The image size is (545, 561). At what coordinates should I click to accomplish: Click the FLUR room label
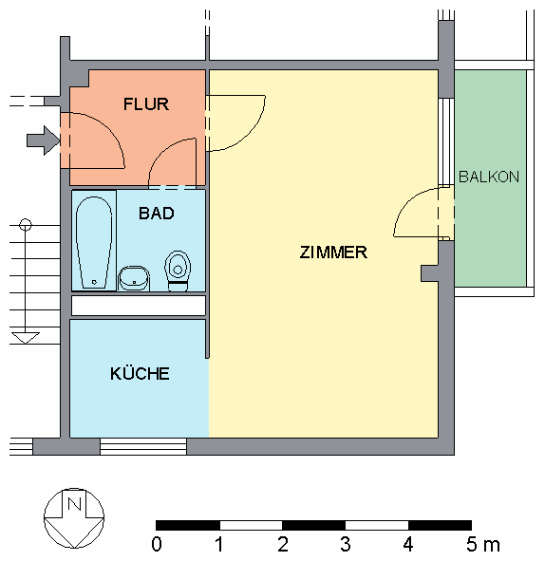click(146, 104)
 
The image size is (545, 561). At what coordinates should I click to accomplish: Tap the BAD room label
click(157, 214)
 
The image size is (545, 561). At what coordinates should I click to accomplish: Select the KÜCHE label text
click(140, 374)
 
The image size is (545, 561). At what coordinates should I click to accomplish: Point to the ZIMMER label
click(333, 252)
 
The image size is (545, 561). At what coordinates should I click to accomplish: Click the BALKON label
click(489, 178)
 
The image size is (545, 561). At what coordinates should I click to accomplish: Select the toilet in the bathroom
click(177, 268)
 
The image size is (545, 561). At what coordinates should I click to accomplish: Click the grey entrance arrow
click(42, 141)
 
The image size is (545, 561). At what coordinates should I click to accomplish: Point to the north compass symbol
click(73, 518)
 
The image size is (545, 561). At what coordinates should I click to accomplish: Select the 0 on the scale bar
click(157, 546)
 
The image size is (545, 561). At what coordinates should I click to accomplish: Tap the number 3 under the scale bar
click(345, 546)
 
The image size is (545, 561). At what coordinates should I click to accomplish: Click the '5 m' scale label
click(480, 546)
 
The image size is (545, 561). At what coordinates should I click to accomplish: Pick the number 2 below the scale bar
click(282, 546)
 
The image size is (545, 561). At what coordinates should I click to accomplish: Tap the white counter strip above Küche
click(139, 306)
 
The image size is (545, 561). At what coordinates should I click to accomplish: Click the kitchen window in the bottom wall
click(142, 447)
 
